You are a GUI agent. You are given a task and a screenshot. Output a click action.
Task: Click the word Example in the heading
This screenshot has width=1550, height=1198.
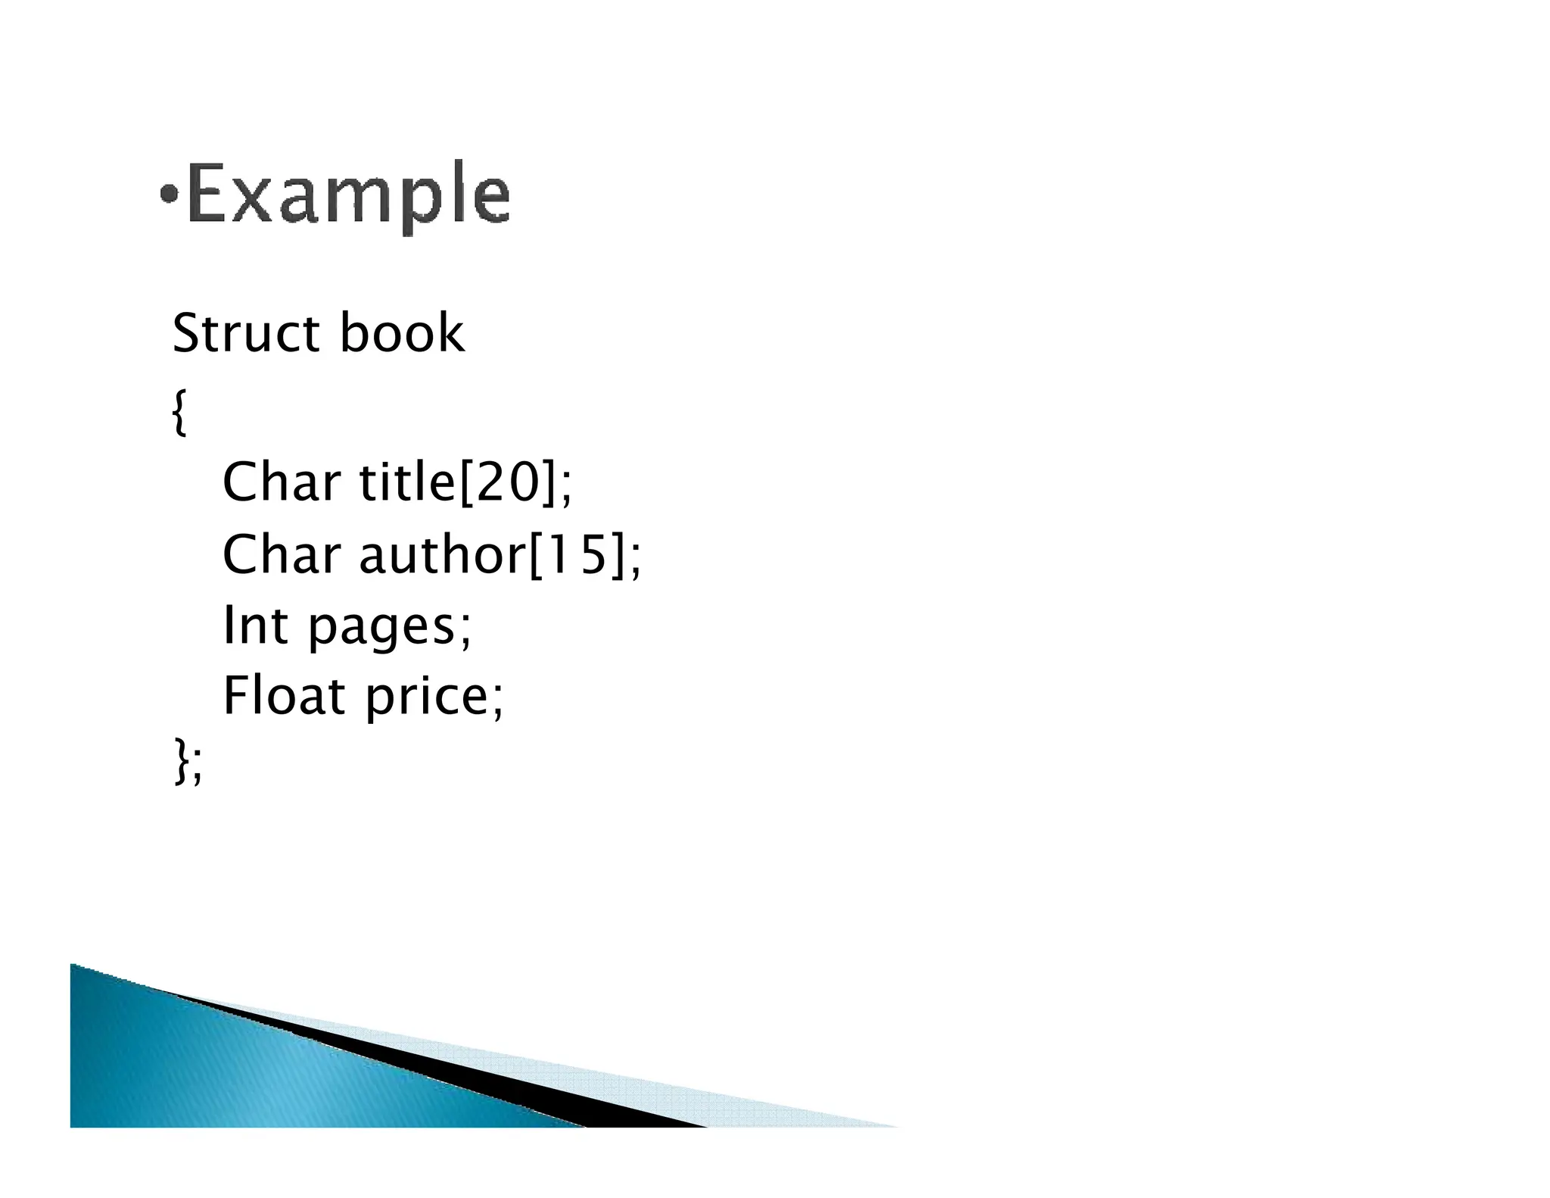coord(348,195)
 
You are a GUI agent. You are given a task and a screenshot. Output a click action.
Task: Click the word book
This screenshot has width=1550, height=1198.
coord(401,333)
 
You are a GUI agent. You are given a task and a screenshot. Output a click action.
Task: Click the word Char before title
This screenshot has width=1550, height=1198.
coord(281,482)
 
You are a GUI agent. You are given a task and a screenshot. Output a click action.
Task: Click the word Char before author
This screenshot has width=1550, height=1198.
coord(281,554)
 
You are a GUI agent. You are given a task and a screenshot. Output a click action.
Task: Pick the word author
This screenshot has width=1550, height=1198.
coord(441,554)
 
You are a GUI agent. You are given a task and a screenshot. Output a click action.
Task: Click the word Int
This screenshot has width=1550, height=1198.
coord(255,626)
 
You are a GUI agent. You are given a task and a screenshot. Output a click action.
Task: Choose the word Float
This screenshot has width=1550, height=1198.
coord(284,696)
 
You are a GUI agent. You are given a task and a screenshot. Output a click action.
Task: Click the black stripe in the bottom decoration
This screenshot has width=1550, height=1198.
coord(530,1075)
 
